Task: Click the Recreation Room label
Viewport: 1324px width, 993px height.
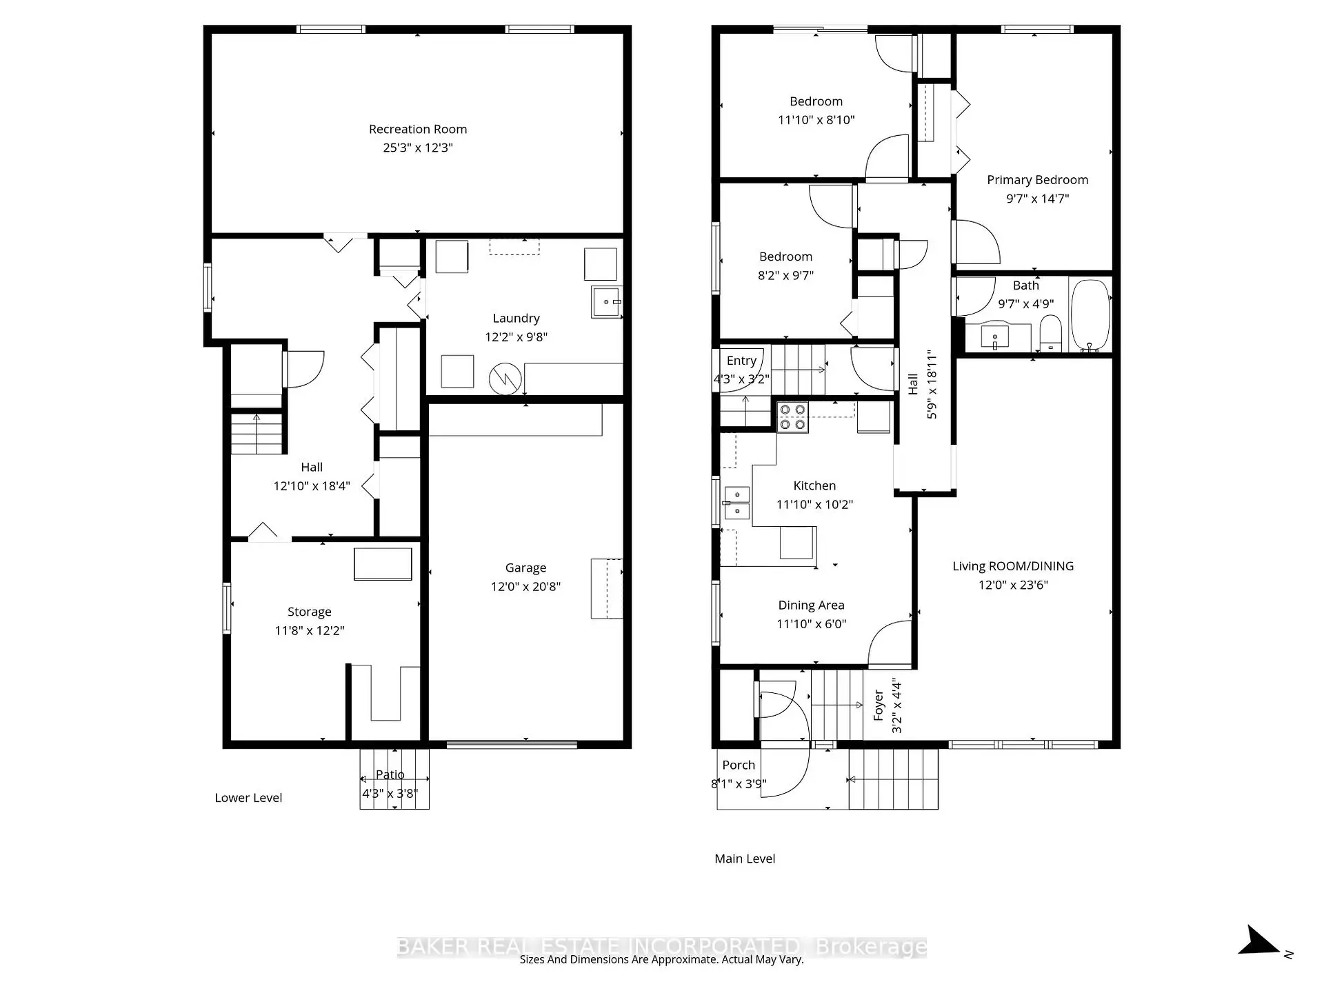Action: point(417,129)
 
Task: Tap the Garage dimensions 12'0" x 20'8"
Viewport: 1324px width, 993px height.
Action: point(525,586)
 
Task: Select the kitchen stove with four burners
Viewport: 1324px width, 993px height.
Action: point(792,417)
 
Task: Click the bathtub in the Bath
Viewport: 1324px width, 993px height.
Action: point(1090,316)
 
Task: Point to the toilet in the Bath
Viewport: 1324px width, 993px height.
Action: point(1050,333)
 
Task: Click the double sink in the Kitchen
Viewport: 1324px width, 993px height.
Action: point(737,503)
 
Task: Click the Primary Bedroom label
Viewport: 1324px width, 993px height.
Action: point(1037,180)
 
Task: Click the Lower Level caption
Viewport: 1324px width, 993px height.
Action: point(248,798)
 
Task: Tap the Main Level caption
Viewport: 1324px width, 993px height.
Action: point(745,859)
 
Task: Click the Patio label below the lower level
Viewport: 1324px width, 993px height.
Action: point(390,774)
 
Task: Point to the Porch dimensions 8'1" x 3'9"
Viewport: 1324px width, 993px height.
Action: point(739,784)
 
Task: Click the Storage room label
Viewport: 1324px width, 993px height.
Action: point(309,612)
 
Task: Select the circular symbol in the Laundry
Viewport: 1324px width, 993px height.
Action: point(505,379)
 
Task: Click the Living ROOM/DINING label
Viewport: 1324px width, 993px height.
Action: point(1013,566)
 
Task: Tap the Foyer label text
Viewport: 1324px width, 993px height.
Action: point(879,705)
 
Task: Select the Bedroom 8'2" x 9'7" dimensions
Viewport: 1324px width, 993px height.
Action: point(785,275)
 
